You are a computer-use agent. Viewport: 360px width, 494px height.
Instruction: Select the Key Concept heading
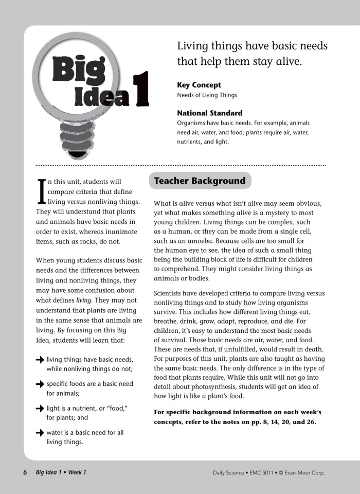199,85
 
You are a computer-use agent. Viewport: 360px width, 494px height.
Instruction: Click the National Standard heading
210,113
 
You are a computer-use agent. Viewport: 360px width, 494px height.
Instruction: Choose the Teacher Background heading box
200,181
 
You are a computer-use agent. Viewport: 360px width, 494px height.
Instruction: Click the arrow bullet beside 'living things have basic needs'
40,360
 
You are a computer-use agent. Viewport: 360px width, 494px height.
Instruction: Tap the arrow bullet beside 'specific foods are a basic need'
40,384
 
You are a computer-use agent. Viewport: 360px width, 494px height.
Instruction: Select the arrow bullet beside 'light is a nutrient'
40,408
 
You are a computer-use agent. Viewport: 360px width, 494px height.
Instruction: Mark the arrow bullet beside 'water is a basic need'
40,432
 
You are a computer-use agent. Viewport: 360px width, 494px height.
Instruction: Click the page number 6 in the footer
25,472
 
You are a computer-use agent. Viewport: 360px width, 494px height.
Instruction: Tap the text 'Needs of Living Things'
207,95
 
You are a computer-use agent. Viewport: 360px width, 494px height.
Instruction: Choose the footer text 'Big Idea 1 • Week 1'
61,472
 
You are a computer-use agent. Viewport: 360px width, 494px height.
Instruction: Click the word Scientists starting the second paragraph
171,294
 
